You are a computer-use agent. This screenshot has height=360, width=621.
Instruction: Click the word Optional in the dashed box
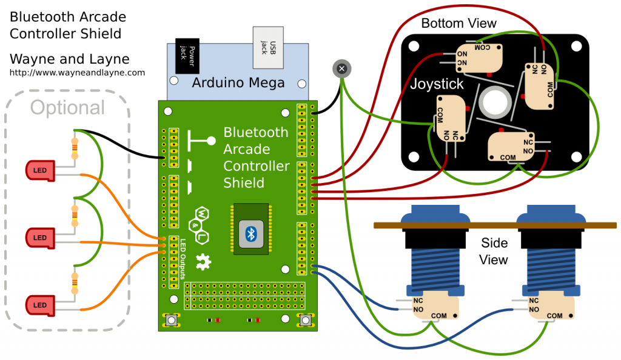coord(67,108)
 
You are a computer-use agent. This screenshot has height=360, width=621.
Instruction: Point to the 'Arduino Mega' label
coord(238,83)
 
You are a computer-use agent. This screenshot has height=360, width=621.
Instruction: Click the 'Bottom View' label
coord(458,24)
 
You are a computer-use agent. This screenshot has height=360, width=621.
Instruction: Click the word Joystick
coord(437,84)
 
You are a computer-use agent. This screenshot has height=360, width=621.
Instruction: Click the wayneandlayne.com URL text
coord(77,73)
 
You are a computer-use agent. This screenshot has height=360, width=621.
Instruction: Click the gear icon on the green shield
coord(203,262)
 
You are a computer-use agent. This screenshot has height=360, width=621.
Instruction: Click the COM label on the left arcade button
coord(438,316)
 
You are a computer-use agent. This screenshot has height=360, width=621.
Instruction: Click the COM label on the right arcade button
coord(554,316)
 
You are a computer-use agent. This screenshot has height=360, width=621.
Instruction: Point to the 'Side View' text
coord(494,252)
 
